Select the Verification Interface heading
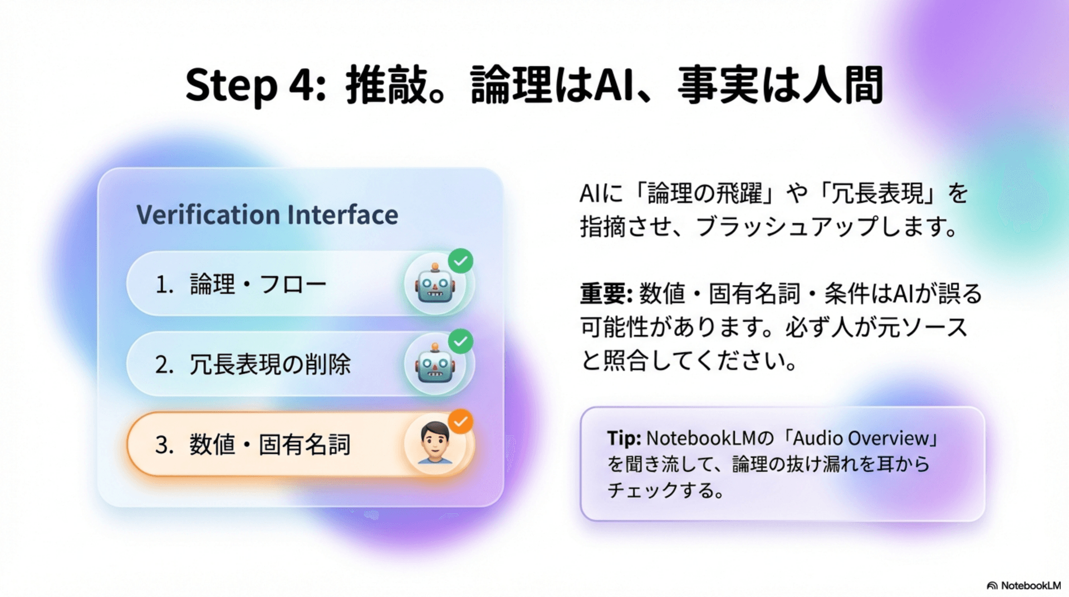pyautogui.click(x=267, y=215)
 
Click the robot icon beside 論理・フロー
pyautogui.click(x=435, y=284)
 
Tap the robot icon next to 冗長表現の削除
pyautogui.click(x=435, y=365)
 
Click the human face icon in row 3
pyautogui.click(x=435, y=444)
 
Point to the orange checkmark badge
pyautogui.click(x=461, y=422)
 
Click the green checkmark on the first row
pyautogui.click(x=461, y=261)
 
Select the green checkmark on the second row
pyautogui.click(x=461, y=341)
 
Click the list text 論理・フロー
pyautogui.click(x=258, y=285)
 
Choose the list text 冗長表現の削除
pyautogui.click(x=270, y=365)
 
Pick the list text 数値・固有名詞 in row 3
pyautogui.click(x=270, y=445)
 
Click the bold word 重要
pyautogui.click(x=605, y=293)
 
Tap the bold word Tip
pyautogui.click(x=624, y=438)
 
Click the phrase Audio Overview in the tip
pyautogui.click(x=861, y=438)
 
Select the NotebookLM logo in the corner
pyautogui.click(x=1024, y=585)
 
